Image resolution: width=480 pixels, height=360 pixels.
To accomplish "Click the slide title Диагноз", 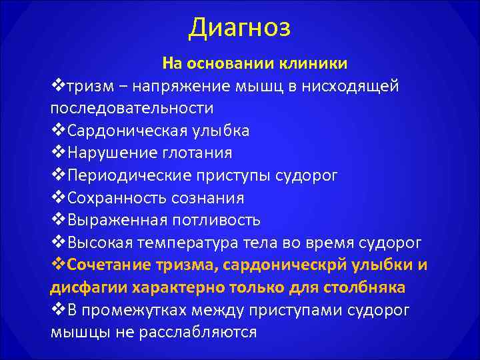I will (x=240, y=28).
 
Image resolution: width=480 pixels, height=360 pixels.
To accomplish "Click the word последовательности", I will (x=132, y=108).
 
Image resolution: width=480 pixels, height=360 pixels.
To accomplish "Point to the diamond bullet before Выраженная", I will (x=58, y=220).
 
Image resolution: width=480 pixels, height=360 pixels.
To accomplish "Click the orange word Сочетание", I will (x=109, y=265).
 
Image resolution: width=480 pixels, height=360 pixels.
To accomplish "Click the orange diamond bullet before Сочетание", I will (x=58, y=265).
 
